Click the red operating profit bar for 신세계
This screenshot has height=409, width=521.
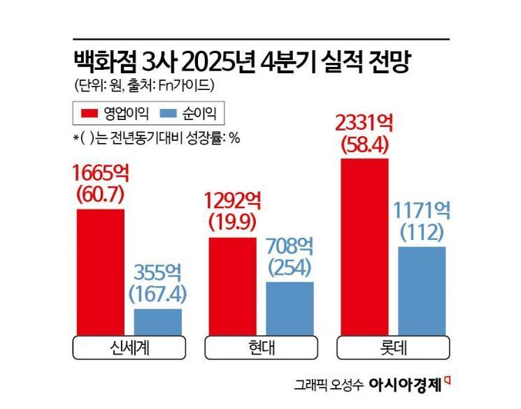coord(100,272)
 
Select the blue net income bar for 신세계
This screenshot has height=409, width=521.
coord(157,322)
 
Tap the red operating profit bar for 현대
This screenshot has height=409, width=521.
coord(232,286)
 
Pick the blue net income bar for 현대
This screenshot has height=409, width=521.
coord(290,308)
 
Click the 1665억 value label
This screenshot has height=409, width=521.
coord(100,171)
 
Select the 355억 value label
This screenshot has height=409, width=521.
coord(157,271)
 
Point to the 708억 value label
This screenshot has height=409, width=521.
coord(290,246)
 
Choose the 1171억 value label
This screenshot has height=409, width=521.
coord(422,209)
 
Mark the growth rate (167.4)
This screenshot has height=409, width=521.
coord(157,293)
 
